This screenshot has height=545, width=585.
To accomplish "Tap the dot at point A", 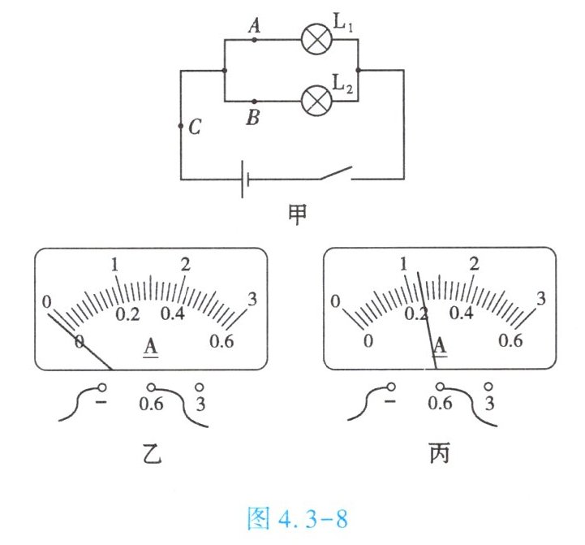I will (255, 38).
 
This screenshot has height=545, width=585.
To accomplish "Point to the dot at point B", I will (255, 101).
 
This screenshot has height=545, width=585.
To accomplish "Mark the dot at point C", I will (181, 127).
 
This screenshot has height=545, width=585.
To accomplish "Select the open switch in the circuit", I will (335, 174).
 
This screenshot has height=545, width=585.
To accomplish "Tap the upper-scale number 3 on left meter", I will (252, 299).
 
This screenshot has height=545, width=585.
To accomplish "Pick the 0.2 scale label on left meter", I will (127, 314).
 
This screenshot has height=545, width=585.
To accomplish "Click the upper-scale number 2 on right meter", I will (475, 265).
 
